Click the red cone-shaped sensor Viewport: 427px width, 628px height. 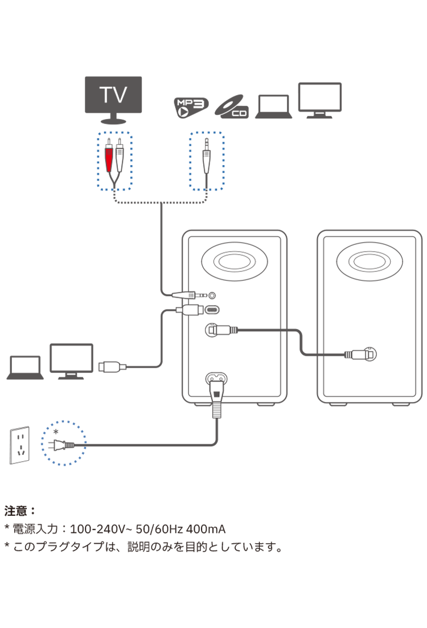(x=109, y=161)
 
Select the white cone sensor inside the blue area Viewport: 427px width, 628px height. (x=207, y=162)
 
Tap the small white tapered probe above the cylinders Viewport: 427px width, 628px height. (x=183, y=295)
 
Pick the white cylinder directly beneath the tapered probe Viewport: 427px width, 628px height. (x=190, y=310)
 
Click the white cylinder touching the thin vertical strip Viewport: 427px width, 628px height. (x=222, y=330)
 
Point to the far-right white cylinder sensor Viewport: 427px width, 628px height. (x=360, y=355)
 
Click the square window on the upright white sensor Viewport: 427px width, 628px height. (x=216, y=392)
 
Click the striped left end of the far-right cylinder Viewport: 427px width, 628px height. (x=348, y=355)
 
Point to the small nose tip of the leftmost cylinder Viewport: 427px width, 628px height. (x=123, y=367)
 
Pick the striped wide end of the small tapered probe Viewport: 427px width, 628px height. (x=192, y=295)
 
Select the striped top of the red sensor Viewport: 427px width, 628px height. (x=109, y=151)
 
